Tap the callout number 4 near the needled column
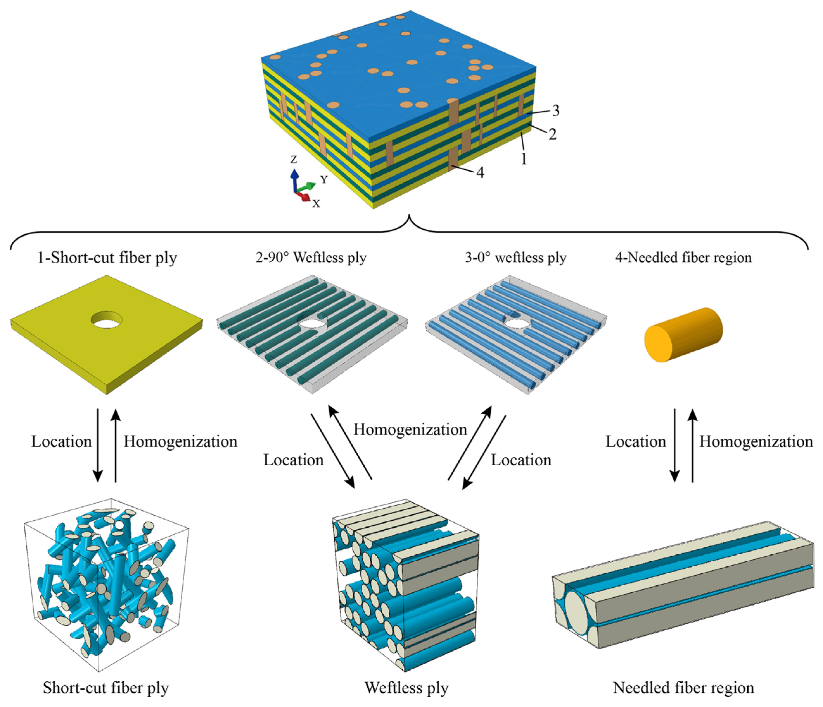pyautogui.click(x=480, y=173)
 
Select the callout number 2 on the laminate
pyautogui.click(x=552, y=134)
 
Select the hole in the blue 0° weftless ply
pyautogui.click(x=515, y=320)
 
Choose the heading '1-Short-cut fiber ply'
pyautogui.click(x=107, y=258)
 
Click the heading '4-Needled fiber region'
pyautogui.click(x=683, y=258)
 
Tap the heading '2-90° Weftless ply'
pyautogui.click(x=311, y=258)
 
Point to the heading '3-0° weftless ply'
pyautogui.click(x=516, y=258)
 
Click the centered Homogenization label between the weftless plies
pyautogui.click(x=410, y=430)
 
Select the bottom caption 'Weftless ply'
pyautogui.click(x=406, y=687)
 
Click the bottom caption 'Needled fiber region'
pyautogui.click(x=683, y=687)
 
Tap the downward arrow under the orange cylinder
pyautogui.click(x=675, y=445)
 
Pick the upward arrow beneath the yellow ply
pyautogui.click(x=116, y=445)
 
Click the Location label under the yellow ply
pyautogui.click(x=61, y=442)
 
